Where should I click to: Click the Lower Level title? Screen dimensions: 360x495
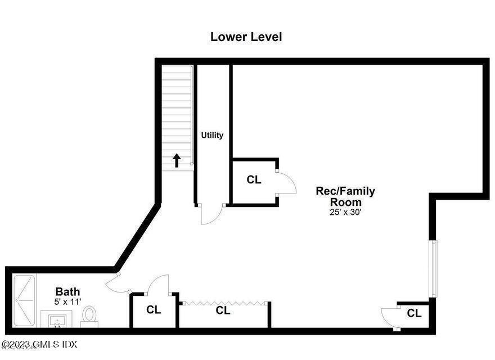point(246,37)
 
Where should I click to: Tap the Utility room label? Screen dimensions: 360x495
point(213,135)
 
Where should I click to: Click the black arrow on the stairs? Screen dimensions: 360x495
point(177,161)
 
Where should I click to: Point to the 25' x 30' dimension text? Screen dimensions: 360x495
point(345,212)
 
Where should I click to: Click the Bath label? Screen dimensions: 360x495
point(67,291)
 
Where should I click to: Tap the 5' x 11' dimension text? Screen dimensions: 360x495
point(67,302)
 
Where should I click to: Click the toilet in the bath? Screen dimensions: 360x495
point(89,316)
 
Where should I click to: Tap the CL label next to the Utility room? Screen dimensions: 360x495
point(254,180)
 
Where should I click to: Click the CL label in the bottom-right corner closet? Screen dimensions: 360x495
point(415,313)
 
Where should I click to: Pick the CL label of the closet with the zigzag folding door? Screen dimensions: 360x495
point(223,310)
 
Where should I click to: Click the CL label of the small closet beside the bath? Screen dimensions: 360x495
point(154,310)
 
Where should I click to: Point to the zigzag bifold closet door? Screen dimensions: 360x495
point(224,303)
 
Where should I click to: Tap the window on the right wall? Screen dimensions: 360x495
point(433,268)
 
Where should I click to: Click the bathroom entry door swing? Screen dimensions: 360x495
point(117,283)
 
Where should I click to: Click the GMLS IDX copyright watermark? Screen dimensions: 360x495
point(39,344)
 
